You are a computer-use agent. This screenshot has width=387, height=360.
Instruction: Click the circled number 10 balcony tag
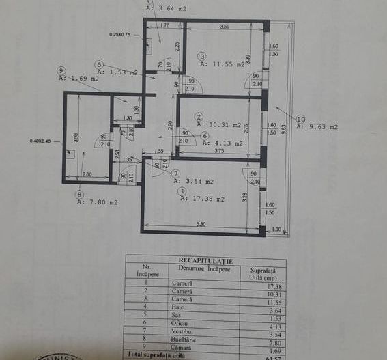coord(300,118)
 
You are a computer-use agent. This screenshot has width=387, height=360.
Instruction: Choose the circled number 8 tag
coord(80,193)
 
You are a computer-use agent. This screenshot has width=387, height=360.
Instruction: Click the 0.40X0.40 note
coord(42,141)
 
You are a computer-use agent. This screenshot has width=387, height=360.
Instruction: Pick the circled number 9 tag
coord(61,70)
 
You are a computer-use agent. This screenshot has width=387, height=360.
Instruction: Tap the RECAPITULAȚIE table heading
coord(205,260)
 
